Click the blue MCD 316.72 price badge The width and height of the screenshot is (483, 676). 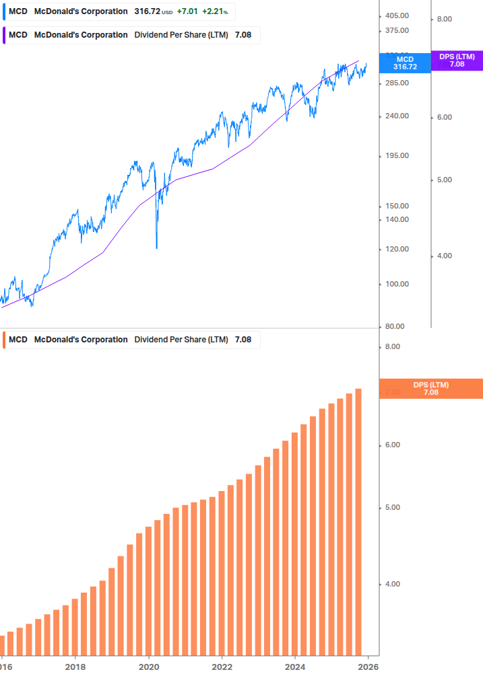(x=405, y=63)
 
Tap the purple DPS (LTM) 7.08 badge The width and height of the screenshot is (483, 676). (x=457, y=61)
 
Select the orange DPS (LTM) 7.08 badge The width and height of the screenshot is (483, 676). (x=430, y=389)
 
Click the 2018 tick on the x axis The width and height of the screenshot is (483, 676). (x=75, y=667)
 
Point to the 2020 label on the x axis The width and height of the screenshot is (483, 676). (x=148, y=667)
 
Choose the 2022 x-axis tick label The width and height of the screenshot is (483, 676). (x=222, y=667)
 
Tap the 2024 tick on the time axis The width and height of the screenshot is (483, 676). (x=294, y=667)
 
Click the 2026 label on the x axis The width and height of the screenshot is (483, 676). (x=367, y=667)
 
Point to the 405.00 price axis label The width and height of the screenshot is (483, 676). (x=397, y=15)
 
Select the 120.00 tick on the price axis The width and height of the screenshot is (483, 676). (x=397, y=249)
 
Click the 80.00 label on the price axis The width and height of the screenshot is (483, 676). (x=397, y=326)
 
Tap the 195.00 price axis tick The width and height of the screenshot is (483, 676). (x=397, y=155)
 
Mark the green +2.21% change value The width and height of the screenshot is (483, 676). (x=215, y=11)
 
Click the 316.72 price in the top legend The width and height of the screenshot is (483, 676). (x=146, y=11)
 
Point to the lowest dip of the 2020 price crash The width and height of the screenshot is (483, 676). (x=156, y=248)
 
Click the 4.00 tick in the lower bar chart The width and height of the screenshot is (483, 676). (x=393, y=584)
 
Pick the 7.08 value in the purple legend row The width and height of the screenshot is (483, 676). (x=243, y=35)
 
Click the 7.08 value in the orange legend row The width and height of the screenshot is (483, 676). (x=243, y=340)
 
